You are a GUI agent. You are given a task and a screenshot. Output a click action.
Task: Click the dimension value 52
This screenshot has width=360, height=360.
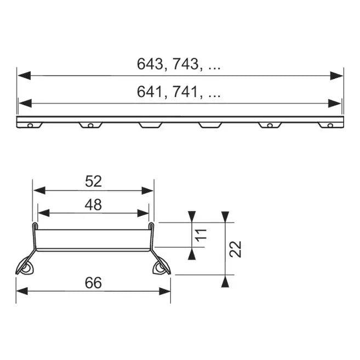click(x=93, y=181)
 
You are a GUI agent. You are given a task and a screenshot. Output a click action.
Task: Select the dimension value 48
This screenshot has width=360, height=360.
click(x=93, y=205)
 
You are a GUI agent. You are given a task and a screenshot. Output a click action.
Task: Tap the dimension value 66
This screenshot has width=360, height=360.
click(x=93, y=283)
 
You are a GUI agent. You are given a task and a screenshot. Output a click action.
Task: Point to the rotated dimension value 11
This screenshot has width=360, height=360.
click(x=201, y=235)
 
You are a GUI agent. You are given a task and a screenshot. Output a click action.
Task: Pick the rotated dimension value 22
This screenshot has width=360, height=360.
click(x=235, y=249)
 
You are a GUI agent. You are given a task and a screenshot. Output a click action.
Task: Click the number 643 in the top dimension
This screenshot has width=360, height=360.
click(x=150, y=64)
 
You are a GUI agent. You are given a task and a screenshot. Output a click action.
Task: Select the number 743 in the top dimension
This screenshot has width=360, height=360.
click(x=186, y=64)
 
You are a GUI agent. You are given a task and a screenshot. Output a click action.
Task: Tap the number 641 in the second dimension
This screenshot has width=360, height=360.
click(x=150, y=92)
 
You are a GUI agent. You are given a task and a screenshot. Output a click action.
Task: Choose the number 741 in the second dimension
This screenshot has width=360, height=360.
click(x=185, y=92)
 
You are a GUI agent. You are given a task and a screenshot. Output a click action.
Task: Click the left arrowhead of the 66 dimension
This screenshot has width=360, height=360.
click(x=22, y=292)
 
